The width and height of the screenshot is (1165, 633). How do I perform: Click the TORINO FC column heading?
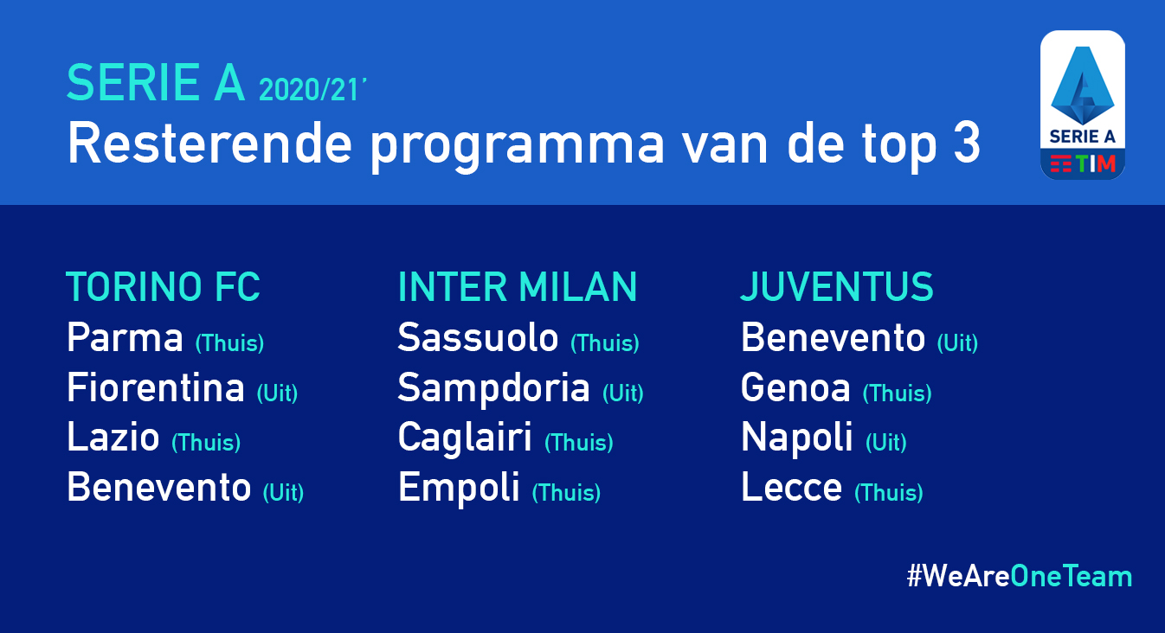(163, 286)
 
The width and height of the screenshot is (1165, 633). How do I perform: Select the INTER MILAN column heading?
(518, 286)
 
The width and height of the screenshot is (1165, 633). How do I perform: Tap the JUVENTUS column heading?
(837, 286)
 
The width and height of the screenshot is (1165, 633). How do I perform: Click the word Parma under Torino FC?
(125, 337)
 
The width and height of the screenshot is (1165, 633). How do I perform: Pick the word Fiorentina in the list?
(156, 387)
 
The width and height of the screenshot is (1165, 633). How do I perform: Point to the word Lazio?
(113, 437)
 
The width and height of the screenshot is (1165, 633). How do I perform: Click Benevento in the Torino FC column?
(159, 487)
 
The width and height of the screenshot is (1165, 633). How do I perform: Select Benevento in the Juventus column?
(834, 337)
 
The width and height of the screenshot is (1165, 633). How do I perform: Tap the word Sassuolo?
(478, 337)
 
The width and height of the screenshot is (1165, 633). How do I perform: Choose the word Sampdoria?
(494, 388)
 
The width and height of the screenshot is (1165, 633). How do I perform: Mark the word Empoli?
(459, 488)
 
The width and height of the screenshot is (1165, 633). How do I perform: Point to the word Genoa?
(795, 387)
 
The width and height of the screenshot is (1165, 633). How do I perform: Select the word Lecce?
(792, 487)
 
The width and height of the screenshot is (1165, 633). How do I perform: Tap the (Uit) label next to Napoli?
(886, 442)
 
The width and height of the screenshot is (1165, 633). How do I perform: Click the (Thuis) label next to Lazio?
(206, 442)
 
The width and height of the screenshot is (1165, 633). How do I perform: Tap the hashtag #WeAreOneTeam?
(1020, 576)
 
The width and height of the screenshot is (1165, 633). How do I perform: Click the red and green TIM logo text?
(1083, 163)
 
